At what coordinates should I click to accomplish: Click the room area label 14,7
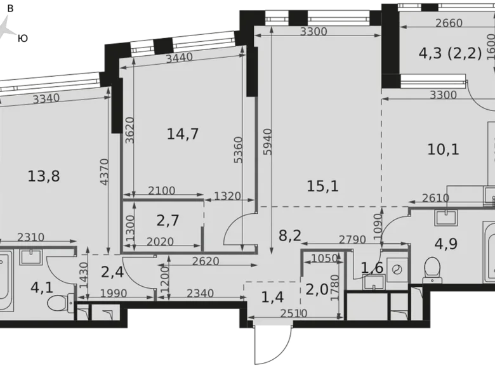point(183,134)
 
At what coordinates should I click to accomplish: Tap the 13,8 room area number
point(44,176)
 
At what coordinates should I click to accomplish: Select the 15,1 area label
point(322,186)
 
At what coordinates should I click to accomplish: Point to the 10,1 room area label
point(443,149)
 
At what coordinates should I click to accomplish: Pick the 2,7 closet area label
point(168,220)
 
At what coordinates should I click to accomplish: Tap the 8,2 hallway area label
point(290,235)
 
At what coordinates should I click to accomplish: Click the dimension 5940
point(267,141)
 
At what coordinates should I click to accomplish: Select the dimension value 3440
point(180,58)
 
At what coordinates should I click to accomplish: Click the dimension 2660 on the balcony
point(449,23)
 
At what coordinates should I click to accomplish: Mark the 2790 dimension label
point(352,240)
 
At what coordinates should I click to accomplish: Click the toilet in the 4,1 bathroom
point(60,303)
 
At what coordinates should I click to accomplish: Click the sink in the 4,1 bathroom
point(30,256)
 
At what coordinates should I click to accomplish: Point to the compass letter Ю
point(23,39)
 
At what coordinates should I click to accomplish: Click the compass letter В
point(10,8)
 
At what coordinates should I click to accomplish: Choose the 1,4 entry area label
point(272,298)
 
